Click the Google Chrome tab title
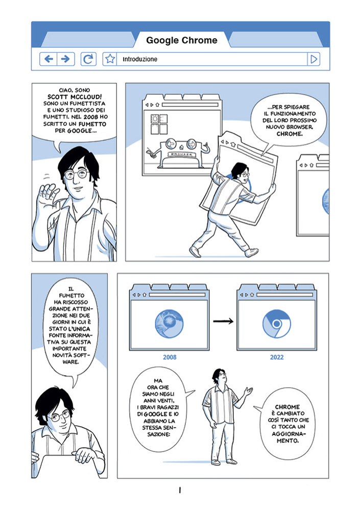(182, 40)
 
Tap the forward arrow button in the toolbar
(66, 59)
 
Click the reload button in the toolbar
(88, 59)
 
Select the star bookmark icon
(110, 59)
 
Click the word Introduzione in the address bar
(140, 59)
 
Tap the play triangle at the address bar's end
(314, 59)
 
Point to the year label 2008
(170, 357)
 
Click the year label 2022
(277, 357)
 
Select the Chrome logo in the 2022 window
(276, 324)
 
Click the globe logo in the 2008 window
(169, 324)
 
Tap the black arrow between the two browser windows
(223, 321)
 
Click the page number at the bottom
(180, 490)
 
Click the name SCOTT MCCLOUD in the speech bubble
(75, 97)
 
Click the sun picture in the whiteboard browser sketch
(155, 119)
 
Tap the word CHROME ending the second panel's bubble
(290, 134)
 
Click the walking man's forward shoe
(251, 252)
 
